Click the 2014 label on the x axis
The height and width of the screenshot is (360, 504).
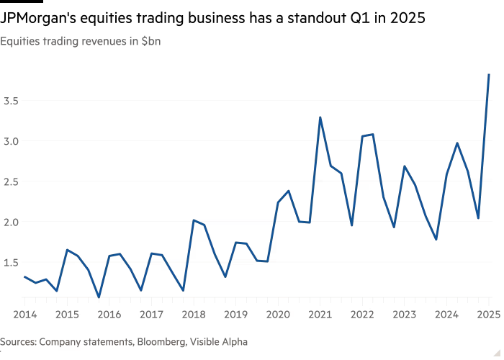tap(24, 314)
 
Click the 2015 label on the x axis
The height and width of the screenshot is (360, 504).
tap(67, 314)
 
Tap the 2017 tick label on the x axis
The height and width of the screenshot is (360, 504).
tap(151, 314)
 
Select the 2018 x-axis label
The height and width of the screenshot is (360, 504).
tap(193, 314)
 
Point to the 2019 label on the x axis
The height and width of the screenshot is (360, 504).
tap(235, 314)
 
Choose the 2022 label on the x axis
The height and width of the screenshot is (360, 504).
tap(362, 314)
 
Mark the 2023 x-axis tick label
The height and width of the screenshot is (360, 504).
tap(405, 314)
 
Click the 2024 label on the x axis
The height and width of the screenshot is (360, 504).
tap(446, 314)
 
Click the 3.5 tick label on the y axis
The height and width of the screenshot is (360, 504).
tap(10, 101)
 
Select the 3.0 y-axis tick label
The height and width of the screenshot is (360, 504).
tap(10, 141)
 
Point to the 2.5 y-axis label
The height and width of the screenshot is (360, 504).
tap(10, 181)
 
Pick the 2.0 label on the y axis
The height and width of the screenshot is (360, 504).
tap(10, 222)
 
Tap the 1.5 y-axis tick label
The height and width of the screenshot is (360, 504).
tap(10, 262)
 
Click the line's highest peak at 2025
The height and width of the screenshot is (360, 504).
tap(489, 74)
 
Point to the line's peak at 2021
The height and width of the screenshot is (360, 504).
tap(320, 117)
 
